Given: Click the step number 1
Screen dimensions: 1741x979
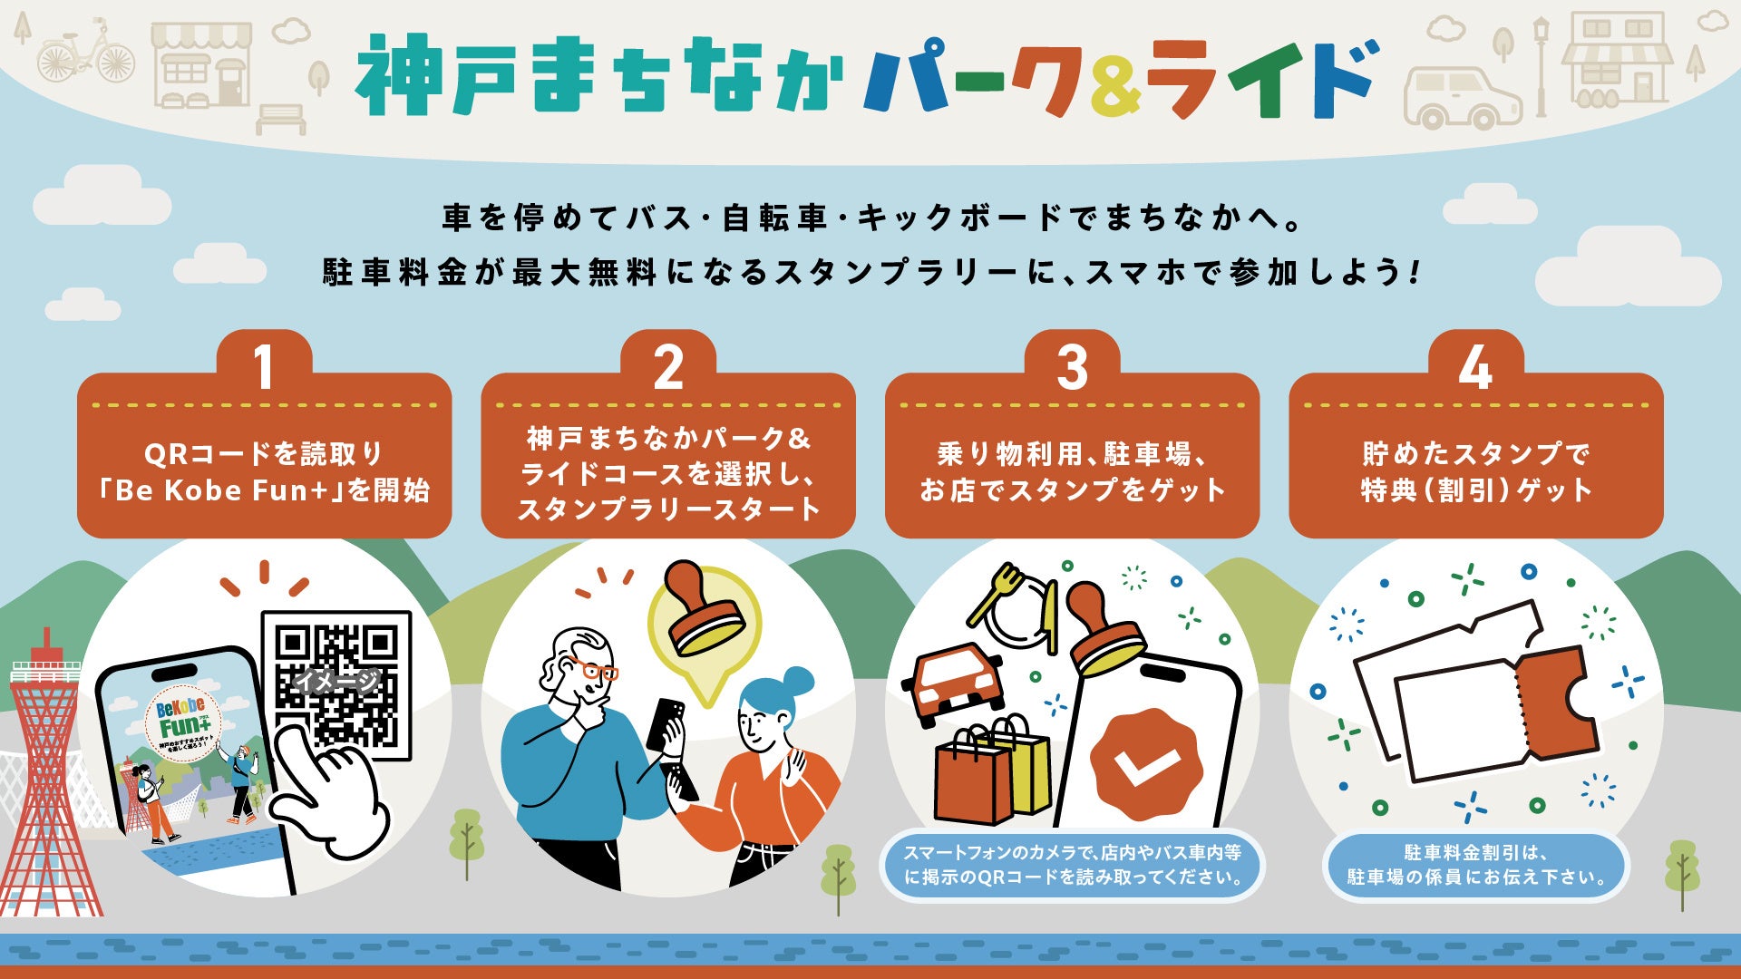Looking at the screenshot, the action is [x=264, y=368].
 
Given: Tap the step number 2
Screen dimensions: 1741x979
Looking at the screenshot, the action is [x=668, y=368].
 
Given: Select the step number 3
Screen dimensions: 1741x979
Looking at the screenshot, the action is [x=1072, y=368].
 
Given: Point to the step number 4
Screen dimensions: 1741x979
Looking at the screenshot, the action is [x=1475, y=368].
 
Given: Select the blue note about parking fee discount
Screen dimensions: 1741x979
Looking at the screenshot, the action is [x=1475, y=866].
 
